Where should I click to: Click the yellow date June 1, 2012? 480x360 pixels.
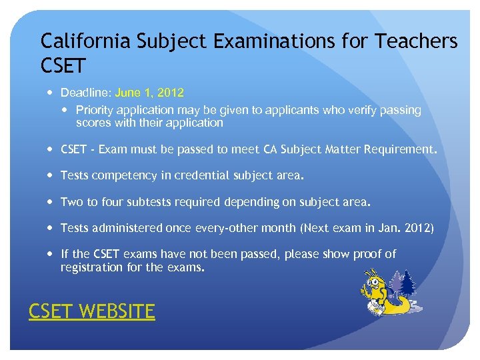pyautogui.click(x=149, y=92)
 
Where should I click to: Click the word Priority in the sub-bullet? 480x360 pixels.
pyautogui.click(x=94, y=110)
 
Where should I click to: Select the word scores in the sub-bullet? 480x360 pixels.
pyautogui.click(x=93, y=123)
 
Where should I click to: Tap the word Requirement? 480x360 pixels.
pyautogui.click(x=402, y=150)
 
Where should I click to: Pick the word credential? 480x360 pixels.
pyautogui.click(x=201, y=176)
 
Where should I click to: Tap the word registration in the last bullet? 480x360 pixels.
pyautogui.click(x=91, y=267)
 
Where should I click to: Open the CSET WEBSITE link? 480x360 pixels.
pyautogui.click(x=91, y=311)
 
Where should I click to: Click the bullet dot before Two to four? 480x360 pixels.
pyautogui.click(x=51, y=202)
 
